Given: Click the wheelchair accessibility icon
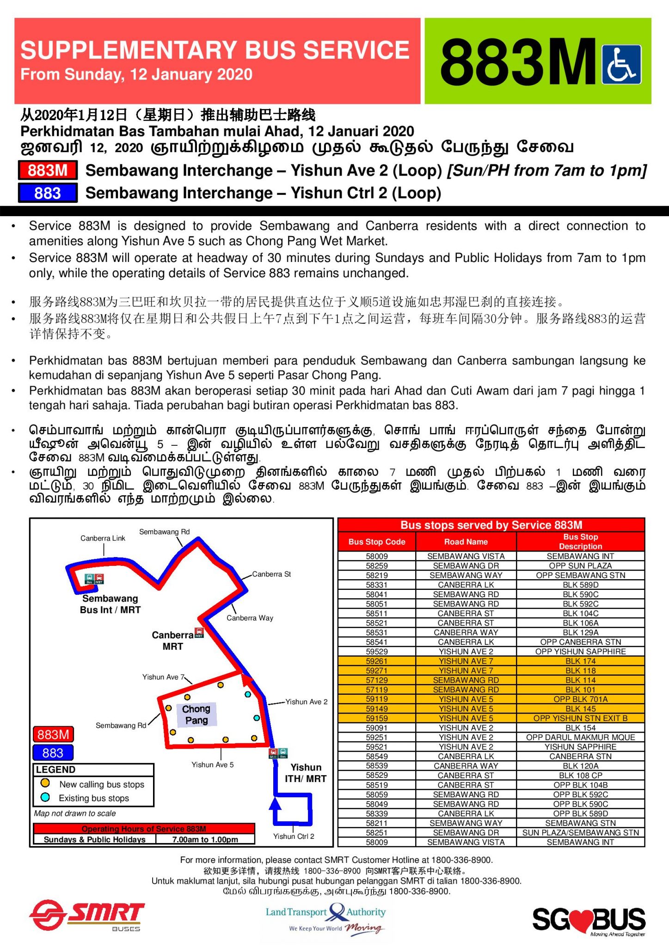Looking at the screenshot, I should (621, 64).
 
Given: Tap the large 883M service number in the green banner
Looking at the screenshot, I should (518, 62).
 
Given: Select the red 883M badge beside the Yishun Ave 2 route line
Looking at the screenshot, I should (48, 170).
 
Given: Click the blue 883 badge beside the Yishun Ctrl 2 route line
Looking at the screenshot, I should (48, 193).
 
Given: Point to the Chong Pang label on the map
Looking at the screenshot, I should (196, 714).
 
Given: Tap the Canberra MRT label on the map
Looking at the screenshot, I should (172, 641).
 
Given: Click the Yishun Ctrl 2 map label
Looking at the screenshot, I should (294, 836).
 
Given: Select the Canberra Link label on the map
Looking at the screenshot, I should (103, 538).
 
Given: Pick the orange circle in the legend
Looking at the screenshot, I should (45, 783).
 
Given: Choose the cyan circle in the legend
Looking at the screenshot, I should (45, 797).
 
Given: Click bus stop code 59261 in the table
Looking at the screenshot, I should (377, 661).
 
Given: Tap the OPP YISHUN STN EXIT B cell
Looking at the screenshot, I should (580, 718).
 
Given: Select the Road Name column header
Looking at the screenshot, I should (466, 542).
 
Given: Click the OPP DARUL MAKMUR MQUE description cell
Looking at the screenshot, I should (580, 737).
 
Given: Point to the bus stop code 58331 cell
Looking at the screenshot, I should (377, 585).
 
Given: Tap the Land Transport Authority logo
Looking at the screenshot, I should (326, 918).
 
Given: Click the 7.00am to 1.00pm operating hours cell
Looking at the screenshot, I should (205, 839).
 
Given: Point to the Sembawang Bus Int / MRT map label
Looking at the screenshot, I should (110, 604).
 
